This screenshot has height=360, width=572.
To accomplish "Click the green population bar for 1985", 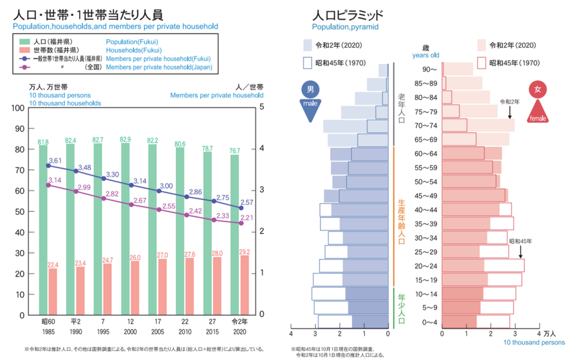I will (43, 229).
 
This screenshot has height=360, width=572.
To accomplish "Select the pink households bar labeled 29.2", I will (244, 285).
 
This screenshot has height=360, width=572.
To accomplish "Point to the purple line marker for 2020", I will (241, 223).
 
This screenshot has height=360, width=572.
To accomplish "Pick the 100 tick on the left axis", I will (18, 108).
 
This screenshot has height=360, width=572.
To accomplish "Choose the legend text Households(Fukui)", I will (134, 50).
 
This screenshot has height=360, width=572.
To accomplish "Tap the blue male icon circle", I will (310, 90).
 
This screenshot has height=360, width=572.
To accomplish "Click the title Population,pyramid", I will (345, 27).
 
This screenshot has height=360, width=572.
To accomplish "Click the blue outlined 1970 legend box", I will (307, 62).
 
